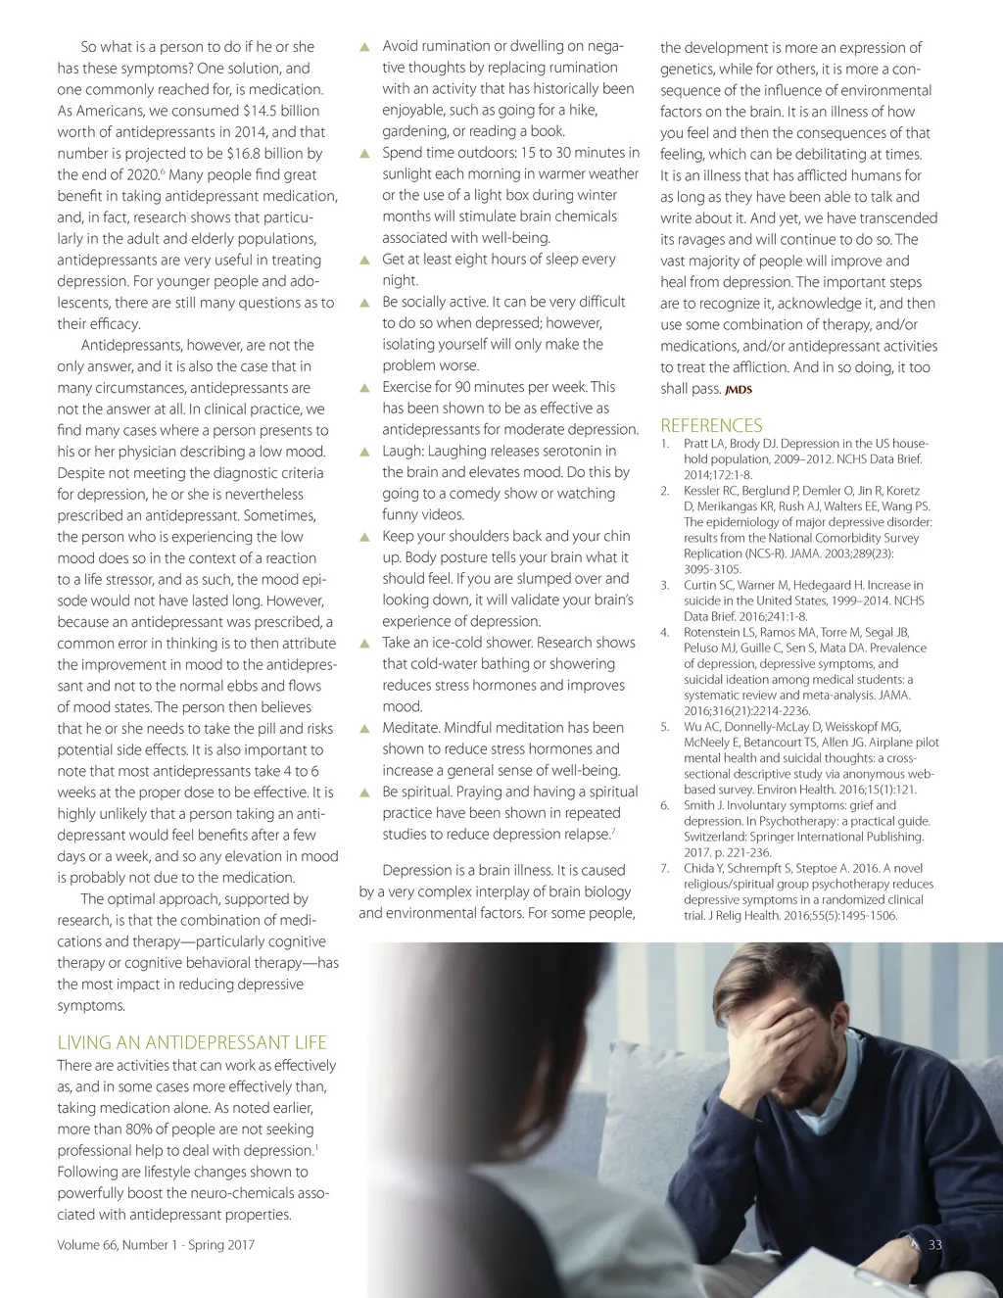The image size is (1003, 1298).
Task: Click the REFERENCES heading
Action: [711, 425]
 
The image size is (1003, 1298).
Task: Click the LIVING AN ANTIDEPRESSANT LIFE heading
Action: [192, 1042]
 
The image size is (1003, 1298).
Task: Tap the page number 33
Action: [934, 1244]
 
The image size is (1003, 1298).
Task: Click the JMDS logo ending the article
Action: [739, 390]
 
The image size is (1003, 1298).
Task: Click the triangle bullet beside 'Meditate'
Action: [364, 728]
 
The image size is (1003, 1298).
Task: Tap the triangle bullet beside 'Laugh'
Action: [364, 452]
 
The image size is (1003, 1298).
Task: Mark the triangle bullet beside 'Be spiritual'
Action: [364, 792]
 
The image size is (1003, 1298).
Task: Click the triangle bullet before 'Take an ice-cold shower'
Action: [364, 643]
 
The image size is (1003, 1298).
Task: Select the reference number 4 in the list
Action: [664, 633]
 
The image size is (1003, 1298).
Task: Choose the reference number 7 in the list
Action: [664, 868]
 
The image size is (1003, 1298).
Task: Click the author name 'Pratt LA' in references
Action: [704, 444]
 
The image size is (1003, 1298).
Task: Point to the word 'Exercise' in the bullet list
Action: [409, 387]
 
